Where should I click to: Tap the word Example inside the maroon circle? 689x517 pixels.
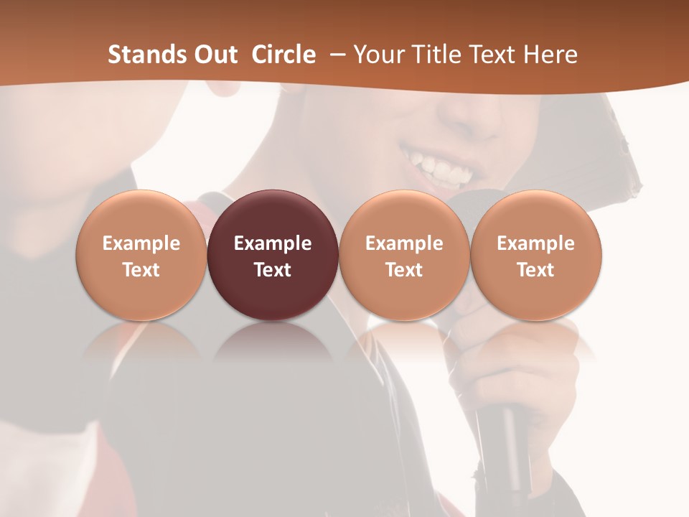coord(273,243)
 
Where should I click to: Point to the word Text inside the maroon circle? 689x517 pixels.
coord(273,270)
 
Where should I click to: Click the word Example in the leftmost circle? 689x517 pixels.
coord(141,243)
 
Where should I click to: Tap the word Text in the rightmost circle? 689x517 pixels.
coord(536,270)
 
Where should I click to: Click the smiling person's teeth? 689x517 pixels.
coord(439,168)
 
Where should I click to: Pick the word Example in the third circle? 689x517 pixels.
coord(404,243)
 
